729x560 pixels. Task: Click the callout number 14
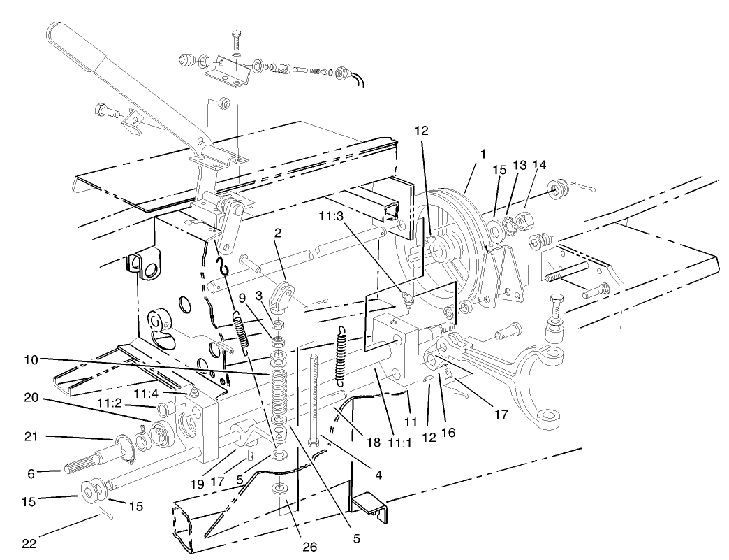point(539,164)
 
